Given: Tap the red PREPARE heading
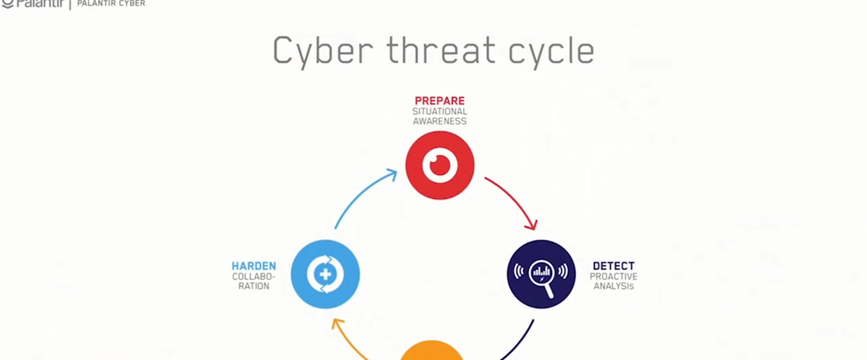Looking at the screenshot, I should point(439,100).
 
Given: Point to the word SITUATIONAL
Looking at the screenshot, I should point(439,111).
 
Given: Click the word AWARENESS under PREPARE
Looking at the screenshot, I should point(439,121).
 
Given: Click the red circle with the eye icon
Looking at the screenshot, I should point(439,166).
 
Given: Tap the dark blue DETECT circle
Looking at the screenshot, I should point(541,274).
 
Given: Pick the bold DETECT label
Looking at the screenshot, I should point(613,266).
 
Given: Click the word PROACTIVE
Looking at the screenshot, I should point(613,276).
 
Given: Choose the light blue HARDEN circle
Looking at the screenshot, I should point(325,274).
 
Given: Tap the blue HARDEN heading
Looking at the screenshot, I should point(254,266).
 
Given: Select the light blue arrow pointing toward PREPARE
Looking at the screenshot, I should point(361,195).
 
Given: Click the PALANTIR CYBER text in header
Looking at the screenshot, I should point(111,4).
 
